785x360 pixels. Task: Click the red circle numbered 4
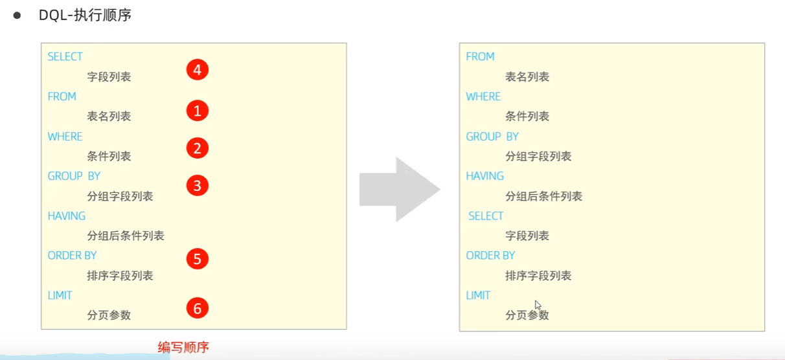198,69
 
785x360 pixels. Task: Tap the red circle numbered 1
198,111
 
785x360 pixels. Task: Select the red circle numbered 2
198,148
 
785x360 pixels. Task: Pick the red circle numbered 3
198,186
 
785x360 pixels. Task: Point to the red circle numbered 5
198,259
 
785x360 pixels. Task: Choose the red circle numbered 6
198,308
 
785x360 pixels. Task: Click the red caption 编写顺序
183,348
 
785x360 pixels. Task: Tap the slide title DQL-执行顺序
85,15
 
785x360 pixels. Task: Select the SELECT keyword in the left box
65,57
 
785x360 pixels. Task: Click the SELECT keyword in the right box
486,216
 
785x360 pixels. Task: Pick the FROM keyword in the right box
480,57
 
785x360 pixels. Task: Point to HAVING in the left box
66,216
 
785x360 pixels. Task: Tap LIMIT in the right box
478,296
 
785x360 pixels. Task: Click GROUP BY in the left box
74,176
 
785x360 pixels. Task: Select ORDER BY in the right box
490,256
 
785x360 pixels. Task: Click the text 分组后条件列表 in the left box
126,236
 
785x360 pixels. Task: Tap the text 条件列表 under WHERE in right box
527,117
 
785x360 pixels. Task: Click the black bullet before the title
17,15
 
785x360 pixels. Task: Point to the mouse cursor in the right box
538,305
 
